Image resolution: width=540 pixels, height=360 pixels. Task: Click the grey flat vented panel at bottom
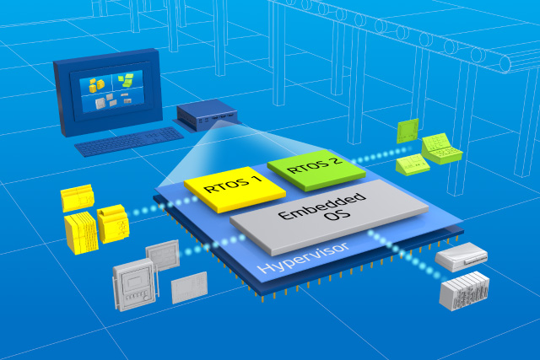click(x=188, y=287)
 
